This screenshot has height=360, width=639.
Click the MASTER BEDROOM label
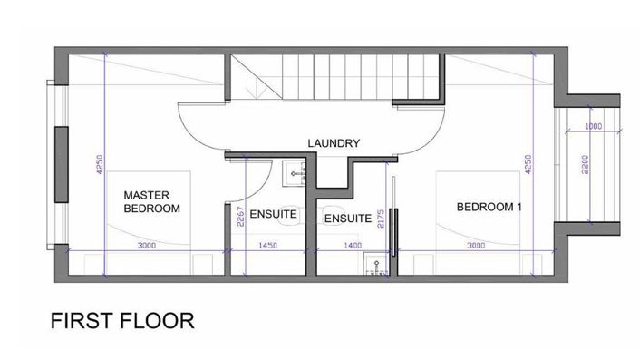pyautogui.click(x=151, y=202)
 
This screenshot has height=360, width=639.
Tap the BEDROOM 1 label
pyautogui.click(x=489, y=207)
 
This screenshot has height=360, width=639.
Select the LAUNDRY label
pyautogui.click(x=334, y=143)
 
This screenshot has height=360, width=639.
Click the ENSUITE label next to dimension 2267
pyautogui.click(x=273, y=214)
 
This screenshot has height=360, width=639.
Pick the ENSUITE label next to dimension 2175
pyautogui.click(x=348, y=219)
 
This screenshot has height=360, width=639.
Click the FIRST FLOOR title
pyautogui.click(x=122, y=320)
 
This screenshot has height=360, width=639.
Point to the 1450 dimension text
pyautogui.click(x=267, y=246)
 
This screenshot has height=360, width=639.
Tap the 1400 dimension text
pyautogui.click(x=353, y=246)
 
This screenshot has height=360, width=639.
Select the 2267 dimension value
pyautogui.click(x=240, y=217)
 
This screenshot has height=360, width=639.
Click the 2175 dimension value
pyautogui.click(x=381, y=219)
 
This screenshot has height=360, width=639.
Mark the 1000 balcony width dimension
pyautogui.click(x=594, y=126)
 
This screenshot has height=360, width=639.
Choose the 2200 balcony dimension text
pyautogui.click(x=586, y=164)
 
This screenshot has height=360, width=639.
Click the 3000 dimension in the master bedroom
pyautogui.click(x=147, y=246)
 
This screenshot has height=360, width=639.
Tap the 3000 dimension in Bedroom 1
pyautogui.click(x=476, y=246)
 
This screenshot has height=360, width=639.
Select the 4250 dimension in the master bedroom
pyautogui.click(x=100, y=164)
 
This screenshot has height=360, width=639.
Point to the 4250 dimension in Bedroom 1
pyautogui.click(x=528, y=164)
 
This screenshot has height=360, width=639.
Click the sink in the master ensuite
pyautogui.click(x=295, y=174)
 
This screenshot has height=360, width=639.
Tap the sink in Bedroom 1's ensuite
pyautogui.click(x=376, y=264)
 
